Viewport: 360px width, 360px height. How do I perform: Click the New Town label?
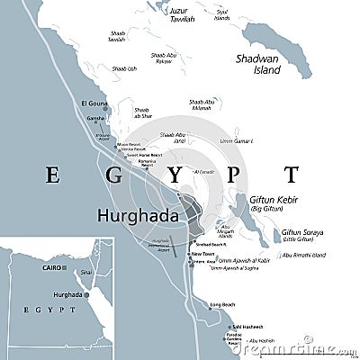click(202, 255)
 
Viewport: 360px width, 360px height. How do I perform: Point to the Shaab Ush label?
click(126, 69)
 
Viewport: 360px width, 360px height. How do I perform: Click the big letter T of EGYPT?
click(291, 174)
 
